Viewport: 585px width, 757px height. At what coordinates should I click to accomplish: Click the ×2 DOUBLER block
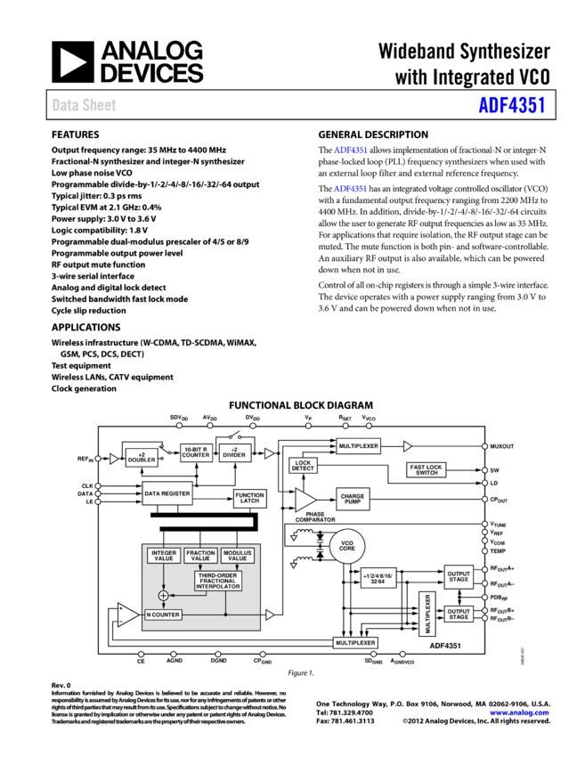pos(142,458)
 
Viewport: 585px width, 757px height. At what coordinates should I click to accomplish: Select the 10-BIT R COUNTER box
pos(196,452)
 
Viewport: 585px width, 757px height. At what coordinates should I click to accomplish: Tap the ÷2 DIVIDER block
pos(234,452)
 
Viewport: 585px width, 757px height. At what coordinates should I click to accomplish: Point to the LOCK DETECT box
pos(303,466)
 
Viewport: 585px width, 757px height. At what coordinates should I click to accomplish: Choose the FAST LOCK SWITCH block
pos(427,469)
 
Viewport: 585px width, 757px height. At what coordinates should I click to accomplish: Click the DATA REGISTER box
pos(167,492)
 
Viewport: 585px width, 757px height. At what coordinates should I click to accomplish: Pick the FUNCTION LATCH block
pos(249,498)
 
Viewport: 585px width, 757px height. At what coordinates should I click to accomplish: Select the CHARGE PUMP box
pos(353,500)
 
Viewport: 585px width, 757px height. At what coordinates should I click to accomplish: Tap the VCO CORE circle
pos(347,546)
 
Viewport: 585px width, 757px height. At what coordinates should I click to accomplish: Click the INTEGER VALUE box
pos(164,555)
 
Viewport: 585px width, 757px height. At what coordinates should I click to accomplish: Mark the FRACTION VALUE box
pos(201,555)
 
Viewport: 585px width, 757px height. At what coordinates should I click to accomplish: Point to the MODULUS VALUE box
pos(238,555)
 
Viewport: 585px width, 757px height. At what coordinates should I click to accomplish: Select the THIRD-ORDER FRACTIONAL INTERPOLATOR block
pos(218,581)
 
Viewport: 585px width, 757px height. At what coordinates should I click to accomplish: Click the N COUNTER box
pos(163,615)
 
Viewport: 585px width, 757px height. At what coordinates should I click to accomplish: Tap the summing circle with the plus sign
pos(163,595)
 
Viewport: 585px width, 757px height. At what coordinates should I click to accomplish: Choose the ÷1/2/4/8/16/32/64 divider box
pos(378,577)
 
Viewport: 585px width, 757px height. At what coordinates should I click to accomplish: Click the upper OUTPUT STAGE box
pos(459,576)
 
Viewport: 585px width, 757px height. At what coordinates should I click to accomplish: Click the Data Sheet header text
pos(84,105)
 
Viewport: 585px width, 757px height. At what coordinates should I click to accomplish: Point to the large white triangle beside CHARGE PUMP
pos(305,500)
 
